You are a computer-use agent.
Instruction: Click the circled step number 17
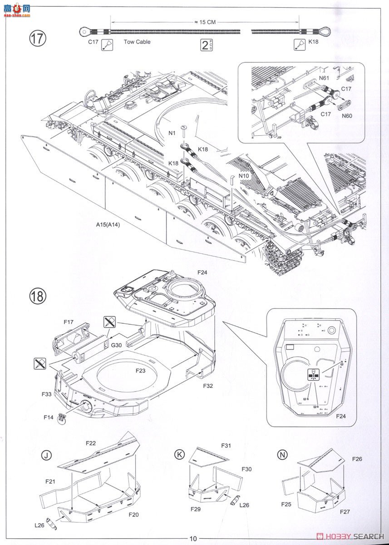click(38, 38)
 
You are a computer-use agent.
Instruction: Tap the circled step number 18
click(38, 296)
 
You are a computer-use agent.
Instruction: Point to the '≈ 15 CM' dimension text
click(205, 21)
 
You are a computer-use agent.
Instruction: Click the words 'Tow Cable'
click(137, 42)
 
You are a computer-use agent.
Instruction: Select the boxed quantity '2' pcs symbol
click(207, 45)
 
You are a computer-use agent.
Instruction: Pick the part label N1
click(172, 133)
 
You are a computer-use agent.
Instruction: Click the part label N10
click(244, 176)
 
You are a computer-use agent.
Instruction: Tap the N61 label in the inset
click(324, 78)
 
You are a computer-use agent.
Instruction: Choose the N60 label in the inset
click(348, 115)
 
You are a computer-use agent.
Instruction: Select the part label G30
click(117, 345)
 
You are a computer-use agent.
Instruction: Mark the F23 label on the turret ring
click(141, 370)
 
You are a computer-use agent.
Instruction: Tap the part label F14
click(49, 417)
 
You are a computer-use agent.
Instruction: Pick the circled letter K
click(180, 455)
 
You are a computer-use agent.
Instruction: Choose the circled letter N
click(284, 455)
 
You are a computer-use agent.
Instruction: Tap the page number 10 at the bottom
click(193, 539)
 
